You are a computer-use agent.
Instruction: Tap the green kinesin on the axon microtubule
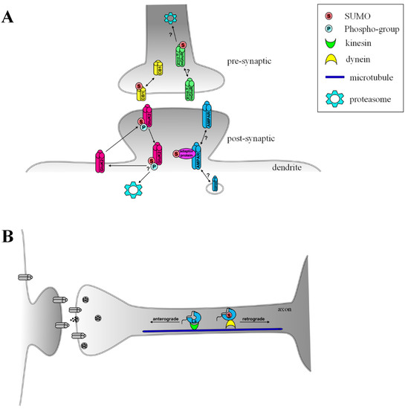(194, 324)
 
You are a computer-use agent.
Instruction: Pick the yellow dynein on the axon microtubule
(227, 324)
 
